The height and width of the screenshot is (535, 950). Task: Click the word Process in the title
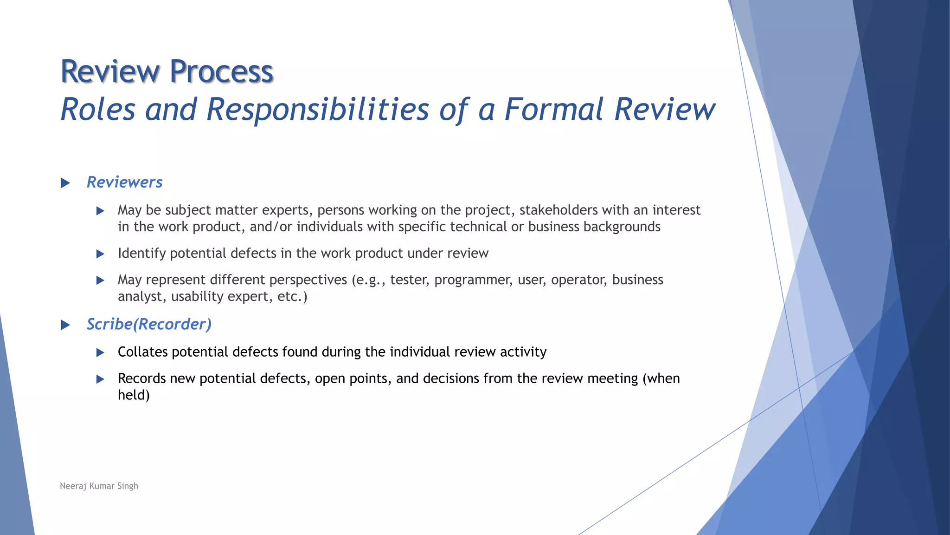tap(221, 72)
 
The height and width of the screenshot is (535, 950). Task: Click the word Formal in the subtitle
tap(554, 110)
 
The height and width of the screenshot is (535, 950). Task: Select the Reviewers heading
tap(124, 182)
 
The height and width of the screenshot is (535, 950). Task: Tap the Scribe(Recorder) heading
tap(149, 324)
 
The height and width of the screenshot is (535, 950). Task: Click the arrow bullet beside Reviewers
tap(65, 183)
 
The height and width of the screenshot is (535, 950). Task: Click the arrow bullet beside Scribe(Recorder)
tap(65, 325)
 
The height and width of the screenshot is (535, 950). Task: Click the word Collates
tap(142, 352)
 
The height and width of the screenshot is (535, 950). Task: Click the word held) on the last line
tap(134, 395)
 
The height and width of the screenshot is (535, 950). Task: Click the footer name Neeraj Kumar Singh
tap(99, 486)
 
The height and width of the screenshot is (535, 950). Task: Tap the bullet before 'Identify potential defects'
tap(100, 254)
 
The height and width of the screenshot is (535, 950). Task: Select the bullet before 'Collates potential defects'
tap(100, 353)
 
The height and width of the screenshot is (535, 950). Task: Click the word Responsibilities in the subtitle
tap(318, 110)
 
